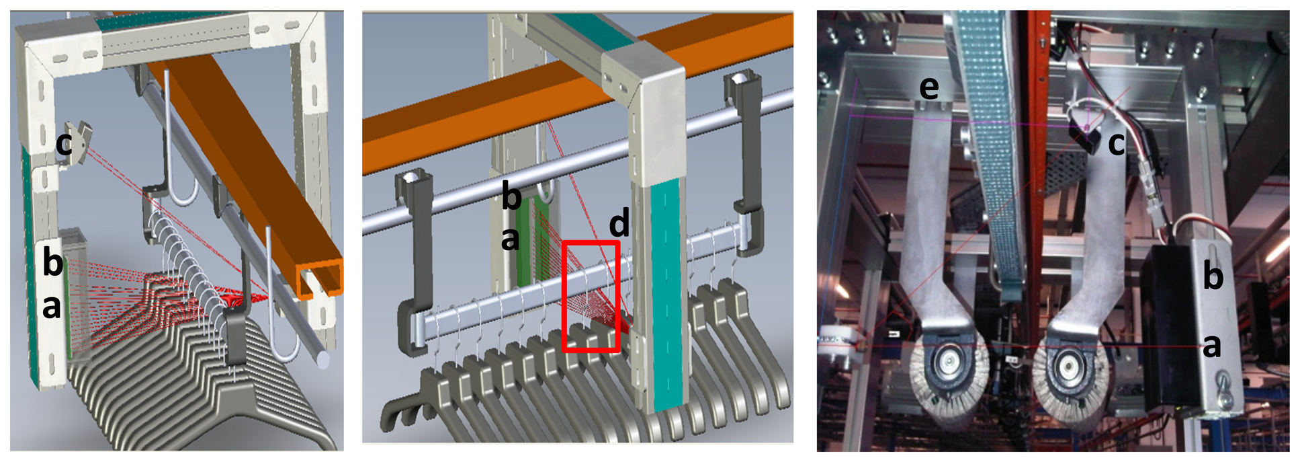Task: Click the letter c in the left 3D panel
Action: coord(64,144)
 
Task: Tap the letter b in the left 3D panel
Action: coord(52,261)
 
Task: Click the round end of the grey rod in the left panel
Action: coord(323,360)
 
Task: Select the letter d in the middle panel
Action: coord(619,223)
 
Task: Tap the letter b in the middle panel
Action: coord(512,196)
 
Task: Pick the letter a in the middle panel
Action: coord(511,239)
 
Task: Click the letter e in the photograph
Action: coord(928,88)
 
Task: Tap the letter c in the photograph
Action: coord(1116,144)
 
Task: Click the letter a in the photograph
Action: coord(1211,346)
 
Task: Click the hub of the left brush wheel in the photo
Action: coord(948,364)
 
